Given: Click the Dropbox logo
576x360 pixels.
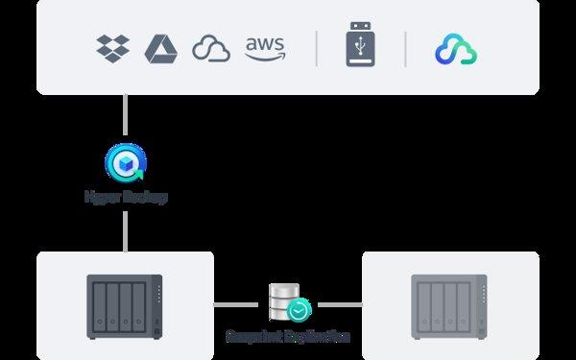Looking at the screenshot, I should pos(113,47).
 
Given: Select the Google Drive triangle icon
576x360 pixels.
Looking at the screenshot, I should pos(160,48).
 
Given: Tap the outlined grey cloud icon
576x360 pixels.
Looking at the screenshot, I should pos(210,48).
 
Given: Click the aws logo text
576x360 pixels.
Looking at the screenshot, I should pos(264,48).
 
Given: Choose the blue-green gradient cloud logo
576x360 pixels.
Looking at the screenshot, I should pos(455,49).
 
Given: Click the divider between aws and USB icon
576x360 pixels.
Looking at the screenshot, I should pos(316,48).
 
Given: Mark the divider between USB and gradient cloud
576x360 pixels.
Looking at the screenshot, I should pos(404,48).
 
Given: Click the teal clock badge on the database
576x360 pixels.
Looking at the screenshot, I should pos(299,310).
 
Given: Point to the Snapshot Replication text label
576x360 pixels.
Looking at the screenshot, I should pos(287,338).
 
